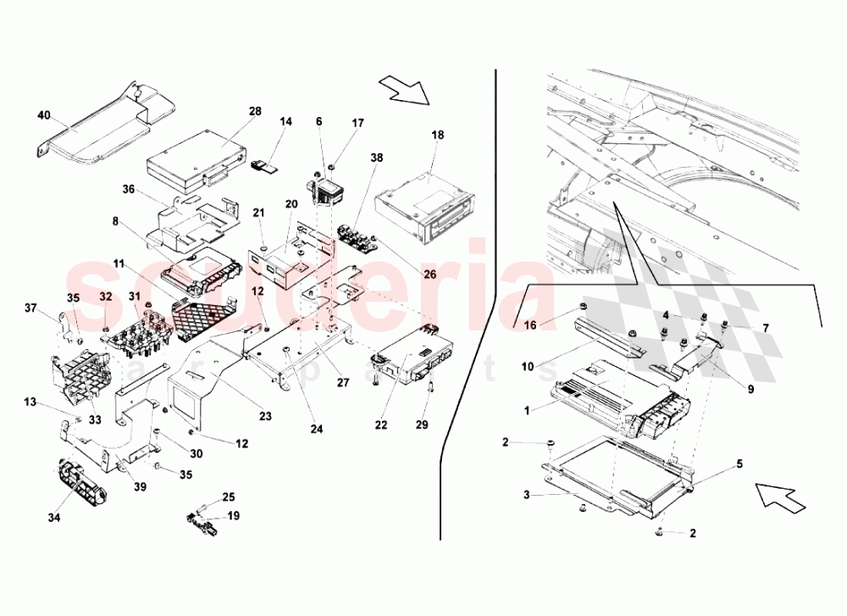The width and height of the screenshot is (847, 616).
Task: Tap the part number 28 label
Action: pyautogui.click(x=254, y=111)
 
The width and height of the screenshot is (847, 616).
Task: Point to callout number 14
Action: pyautogui.click(x=286, y=122)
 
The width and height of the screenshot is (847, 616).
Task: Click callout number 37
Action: pyautogui.click(x=30, y=308)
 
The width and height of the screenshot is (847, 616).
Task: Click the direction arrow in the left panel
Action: pyautogui.click(x=404, y=88)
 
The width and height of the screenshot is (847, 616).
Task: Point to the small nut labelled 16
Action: pyautogui.click(x=581, y=306)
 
